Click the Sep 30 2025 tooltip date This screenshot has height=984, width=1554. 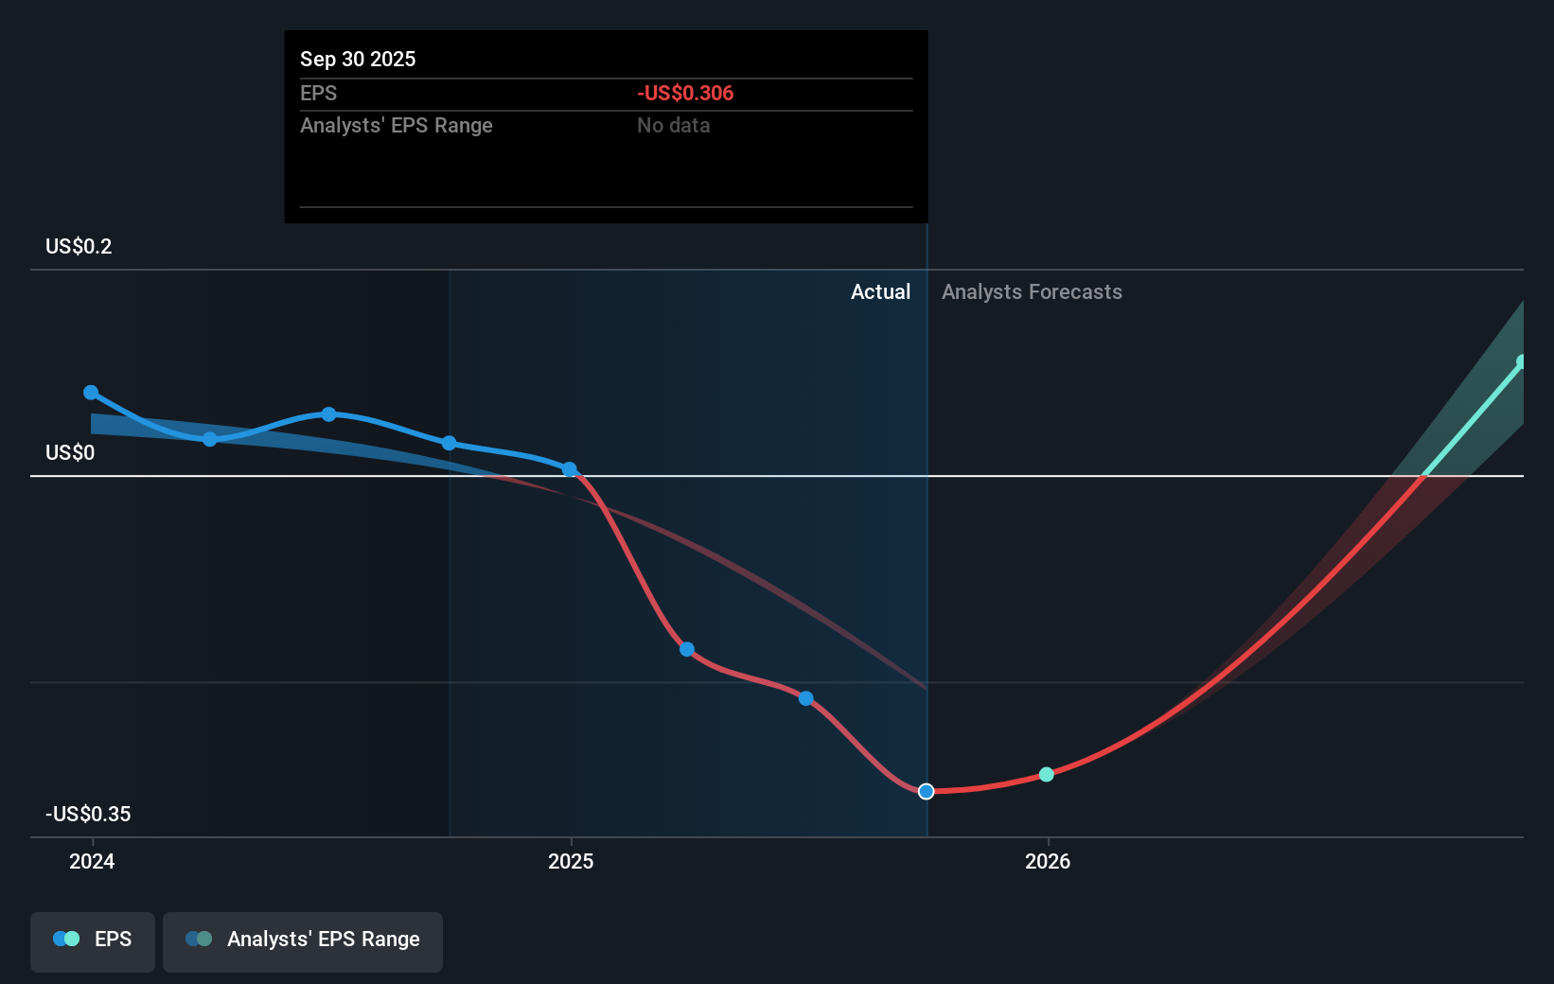pyautogui.click(x=358, y=59)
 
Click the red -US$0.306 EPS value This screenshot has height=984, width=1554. pyautogui.click(x=685, y=93)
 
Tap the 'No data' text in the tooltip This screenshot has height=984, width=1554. pyautogui.click(x=673, y=125)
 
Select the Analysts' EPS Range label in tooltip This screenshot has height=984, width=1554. pyautogui.click(x=396, y=125)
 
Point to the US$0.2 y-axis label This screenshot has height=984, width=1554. pyautogui.click(x=79, y=246)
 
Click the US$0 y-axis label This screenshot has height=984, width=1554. pyautogui.click(x=70, y=452)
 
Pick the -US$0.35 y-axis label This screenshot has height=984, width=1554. pyautogui.click(x=88, y=814)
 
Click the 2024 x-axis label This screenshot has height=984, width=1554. pyautogui.click(x=92, y=861)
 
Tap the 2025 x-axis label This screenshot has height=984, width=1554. pyautogui.click(x=571, y=861)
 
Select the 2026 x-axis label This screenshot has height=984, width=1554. pyautogui.click(x=1048, y=861)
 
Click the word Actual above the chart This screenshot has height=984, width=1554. pyautogui.click(x=880, y=291)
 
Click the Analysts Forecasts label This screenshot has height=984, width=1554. pyautogui.click(x=1032, y=291)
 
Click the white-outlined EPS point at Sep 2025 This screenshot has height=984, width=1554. pyautogui.click(x=927, y=791)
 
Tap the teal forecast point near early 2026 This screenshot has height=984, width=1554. pyautogui.click(x=1046, y=774)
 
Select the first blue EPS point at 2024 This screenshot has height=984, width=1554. pyautogui.click(x=91, y=392)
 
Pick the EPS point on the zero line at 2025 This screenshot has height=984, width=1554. pyautogui.click(x=569, y=469)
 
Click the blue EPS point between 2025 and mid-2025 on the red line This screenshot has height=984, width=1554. pyautogui.click(x=687, y=649)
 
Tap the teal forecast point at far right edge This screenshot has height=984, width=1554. pyautogui.click(x=1522, y=361)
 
